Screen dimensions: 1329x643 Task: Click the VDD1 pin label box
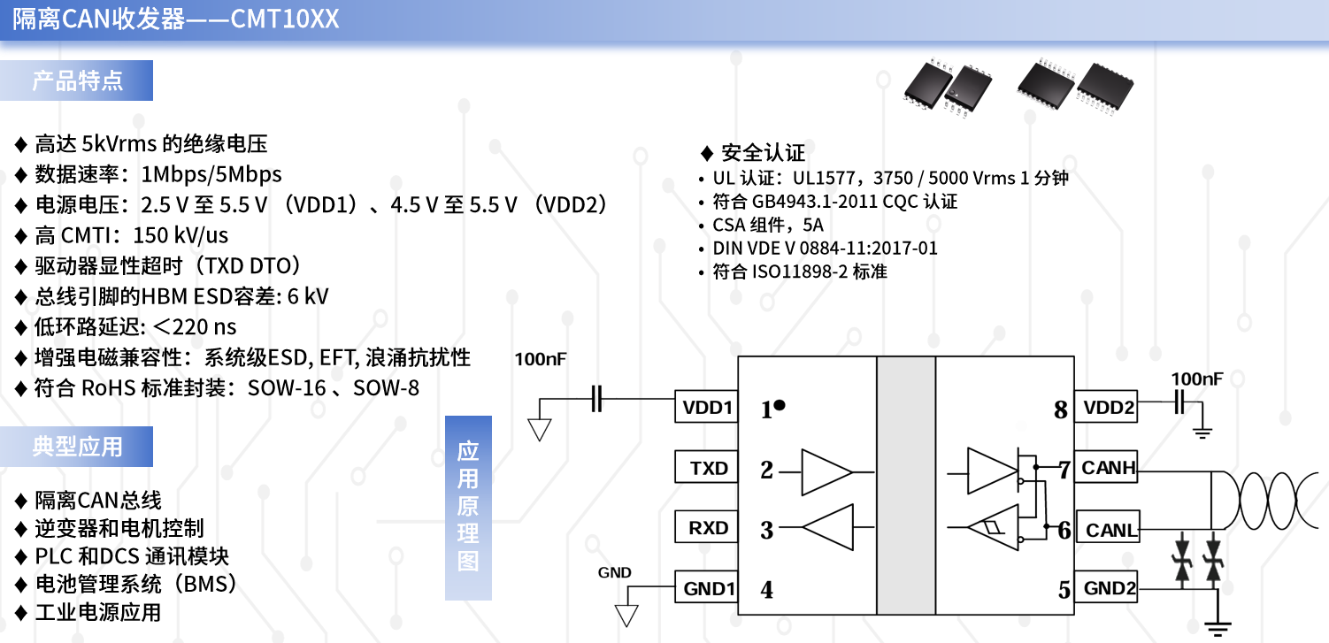(x=706, y=406)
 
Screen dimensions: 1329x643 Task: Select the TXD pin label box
(x=706, y=467)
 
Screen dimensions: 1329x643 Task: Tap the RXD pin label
(x=706, y=527)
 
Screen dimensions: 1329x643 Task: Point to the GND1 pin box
(x=706, y=587)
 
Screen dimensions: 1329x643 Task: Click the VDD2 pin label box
(x=1106, y=406)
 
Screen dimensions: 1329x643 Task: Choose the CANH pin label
(x=1106, y=467)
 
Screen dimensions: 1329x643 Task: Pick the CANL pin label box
(x=1108, y=527)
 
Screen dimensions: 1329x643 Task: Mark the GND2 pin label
(x=1106, y=587)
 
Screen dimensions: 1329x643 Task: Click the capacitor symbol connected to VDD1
(x=597, y=399)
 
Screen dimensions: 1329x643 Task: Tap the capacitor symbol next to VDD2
(x=1179, y=402)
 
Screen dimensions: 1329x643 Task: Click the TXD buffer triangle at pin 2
(x=826, y=472)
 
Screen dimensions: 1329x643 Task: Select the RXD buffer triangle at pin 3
(x=827, y=527)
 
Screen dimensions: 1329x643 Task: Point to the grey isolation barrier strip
(x=906, y=486)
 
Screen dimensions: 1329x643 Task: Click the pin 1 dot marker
(x=780, y=405)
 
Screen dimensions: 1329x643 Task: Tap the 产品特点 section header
(x=76, y=80)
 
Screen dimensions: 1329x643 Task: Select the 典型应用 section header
(x=76, y=446)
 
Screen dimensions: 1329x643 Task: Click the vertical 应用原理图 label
(x=468, y=508)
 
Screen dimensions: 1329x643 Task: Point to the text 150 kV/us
(x=181, y=235)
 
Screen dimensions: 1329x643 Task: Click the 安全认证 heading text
(x=763, y=153)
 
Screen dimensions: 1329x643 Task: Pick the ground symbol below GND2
(x=1218, y=629)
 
